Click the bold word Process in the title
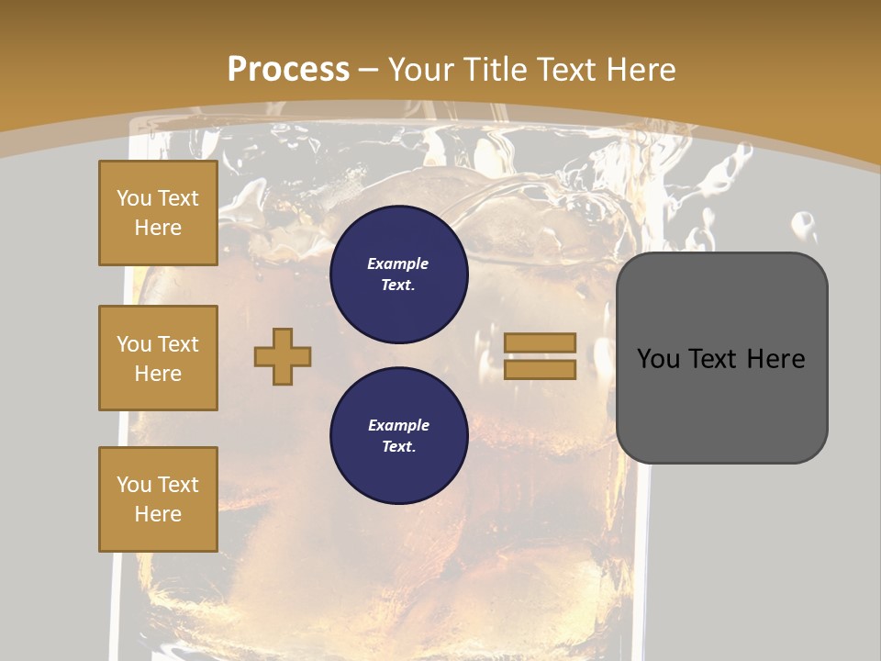click(288, 69)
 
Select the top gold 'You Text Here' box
click(158, 213)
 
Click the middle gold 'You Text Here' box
click(158, 358)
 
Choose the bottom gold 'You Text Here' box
click(158, 499)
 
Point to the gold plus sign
click(283, 356)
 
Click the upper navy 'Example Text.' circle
click(398, 274)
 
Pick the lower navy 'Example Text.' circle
click(398, 436)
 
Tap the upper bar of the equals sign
click(540, 342)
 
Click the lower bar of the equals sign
click(540, 369)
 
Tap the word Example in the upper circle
click(398, 263)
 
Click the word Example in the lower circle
click(398, 425)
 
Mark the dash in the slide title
click(369, 70)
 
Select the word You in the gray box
click(658, 359)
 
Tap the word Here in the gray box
click(775, 359)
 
